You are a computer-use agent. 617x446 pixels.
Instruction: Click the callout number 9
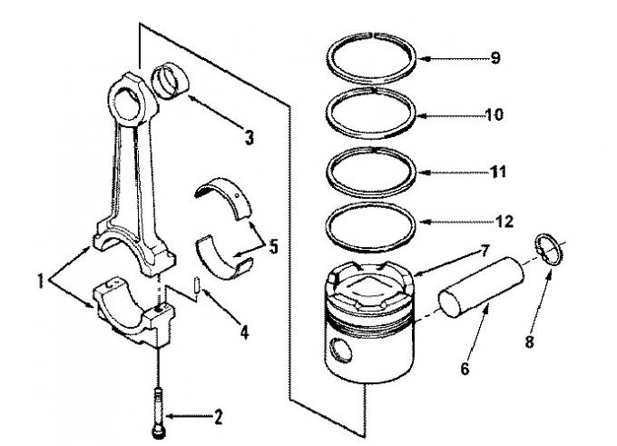coord(495,58)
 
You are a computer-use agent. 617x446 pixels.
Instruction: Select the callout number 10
coord(495,114)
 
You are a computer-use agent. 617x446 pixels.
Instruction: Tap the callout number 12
coord(504,222)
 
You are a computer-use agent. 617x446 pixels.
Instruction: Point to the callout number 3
coord(250,138)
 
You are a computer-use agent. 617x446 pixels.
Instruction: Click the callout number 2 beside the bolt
coord(218,417)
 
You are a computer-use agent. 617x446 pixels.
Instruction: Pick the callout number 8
coord(530,342)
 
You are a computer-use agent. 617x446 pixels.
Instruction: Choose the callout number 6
coord(465,369)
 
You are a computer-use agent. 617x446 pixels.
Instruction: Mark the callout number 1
coord(40,282)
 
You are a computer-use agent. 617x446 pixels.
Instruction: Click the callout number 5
coord(273,247)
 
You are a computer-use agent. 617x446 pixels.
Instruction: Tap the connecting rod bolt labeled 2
coord(158,412)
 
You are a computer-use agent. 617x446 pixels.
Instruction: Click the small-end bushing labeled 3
coord(170,81)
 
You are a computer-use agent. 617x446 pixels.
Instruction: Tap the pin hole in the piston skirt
coord(340,349)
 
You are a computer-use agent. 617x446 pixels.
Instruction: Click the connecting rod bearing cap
coord(133,312)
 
